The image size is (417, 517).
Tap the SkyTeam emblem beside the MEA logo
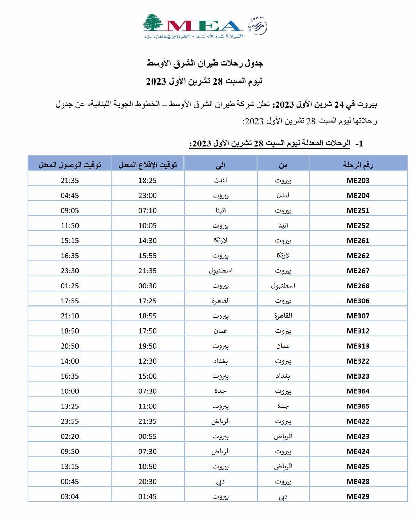click(x=258, y=26)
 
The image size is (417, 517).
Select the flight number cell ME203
click(x=358, y=180)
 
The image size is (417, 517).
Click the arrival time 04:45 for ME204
click(x=69, y=196)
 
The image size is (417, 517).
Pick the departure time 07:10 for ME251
click(x=147, y=210)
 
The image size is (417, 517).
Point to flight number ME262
click(x=358, y=256)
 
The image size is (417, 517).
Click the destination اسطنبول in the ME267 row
click(x=220, y=271)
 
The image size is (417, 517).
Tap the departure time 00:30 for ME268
click(x=147, y=286)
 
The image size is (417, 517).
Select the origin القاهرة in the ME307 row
click(x=283, y=316)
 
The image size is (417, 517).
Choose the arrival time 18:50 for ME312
click(x=69, y=331)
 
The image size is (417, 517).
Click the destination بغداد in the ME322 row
click(x=220, y=361)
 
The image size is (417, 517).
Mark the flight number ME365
click(x=358, y=406)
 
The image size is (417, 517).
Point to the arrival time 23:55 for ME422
click(x=69, y=421)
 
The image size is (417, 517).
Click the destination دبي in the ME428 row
click(x=220, y=482)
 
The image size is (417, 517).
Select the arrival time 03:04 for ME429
click(x=69, y=496)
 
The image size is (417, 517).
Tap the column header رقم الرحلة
click(x=358, y=165)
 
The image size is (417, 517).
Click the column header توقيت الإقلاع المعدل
click(x=147, y=165)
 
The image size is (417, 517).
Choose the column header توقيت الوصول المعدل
click(x=69, y=165)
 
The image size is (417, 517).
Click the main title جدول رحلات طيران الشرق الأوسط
click(x=205, y=63)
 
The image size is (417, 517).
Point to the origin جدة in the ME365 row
click(x=283, y=406)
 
